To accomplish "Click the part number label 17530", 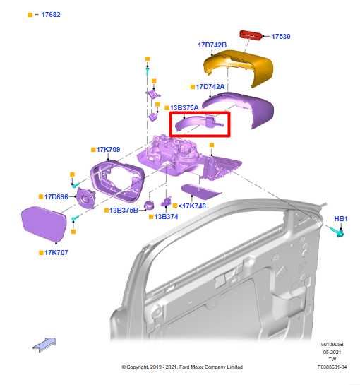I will tap(281, 35).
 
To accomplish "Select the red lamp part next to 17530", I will tap(251, 35).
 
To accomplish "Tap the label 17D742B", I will tap(212, 45).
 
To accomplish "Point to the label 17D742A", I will tap(210, 87).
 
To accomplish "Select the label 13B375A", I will tap(184, 108).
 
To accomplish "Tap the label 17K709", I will tap(106, 150).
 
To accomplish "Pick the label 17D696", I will tap(55, 197).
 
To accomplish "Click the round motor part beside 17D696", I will tap(87, 199).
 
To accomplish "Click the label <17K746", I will tap(191, 206).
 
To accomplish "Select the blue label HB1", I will tap(341, 219).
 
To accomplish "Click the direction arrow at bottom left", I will tap(44, 344).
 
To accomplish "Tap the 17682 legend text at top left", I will tap(49, 14).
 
